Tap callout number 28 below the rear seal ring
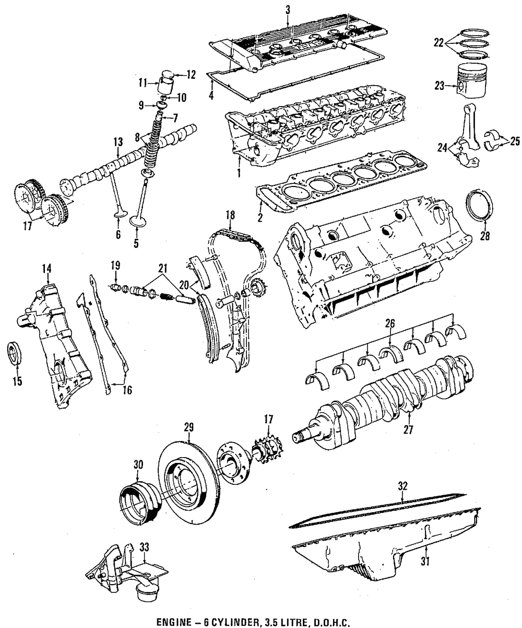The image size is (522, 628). (484, 236)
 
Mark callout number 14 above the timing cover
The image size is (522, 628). (47, 269)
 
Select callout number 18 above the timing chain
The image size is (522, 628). (230, 214)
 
